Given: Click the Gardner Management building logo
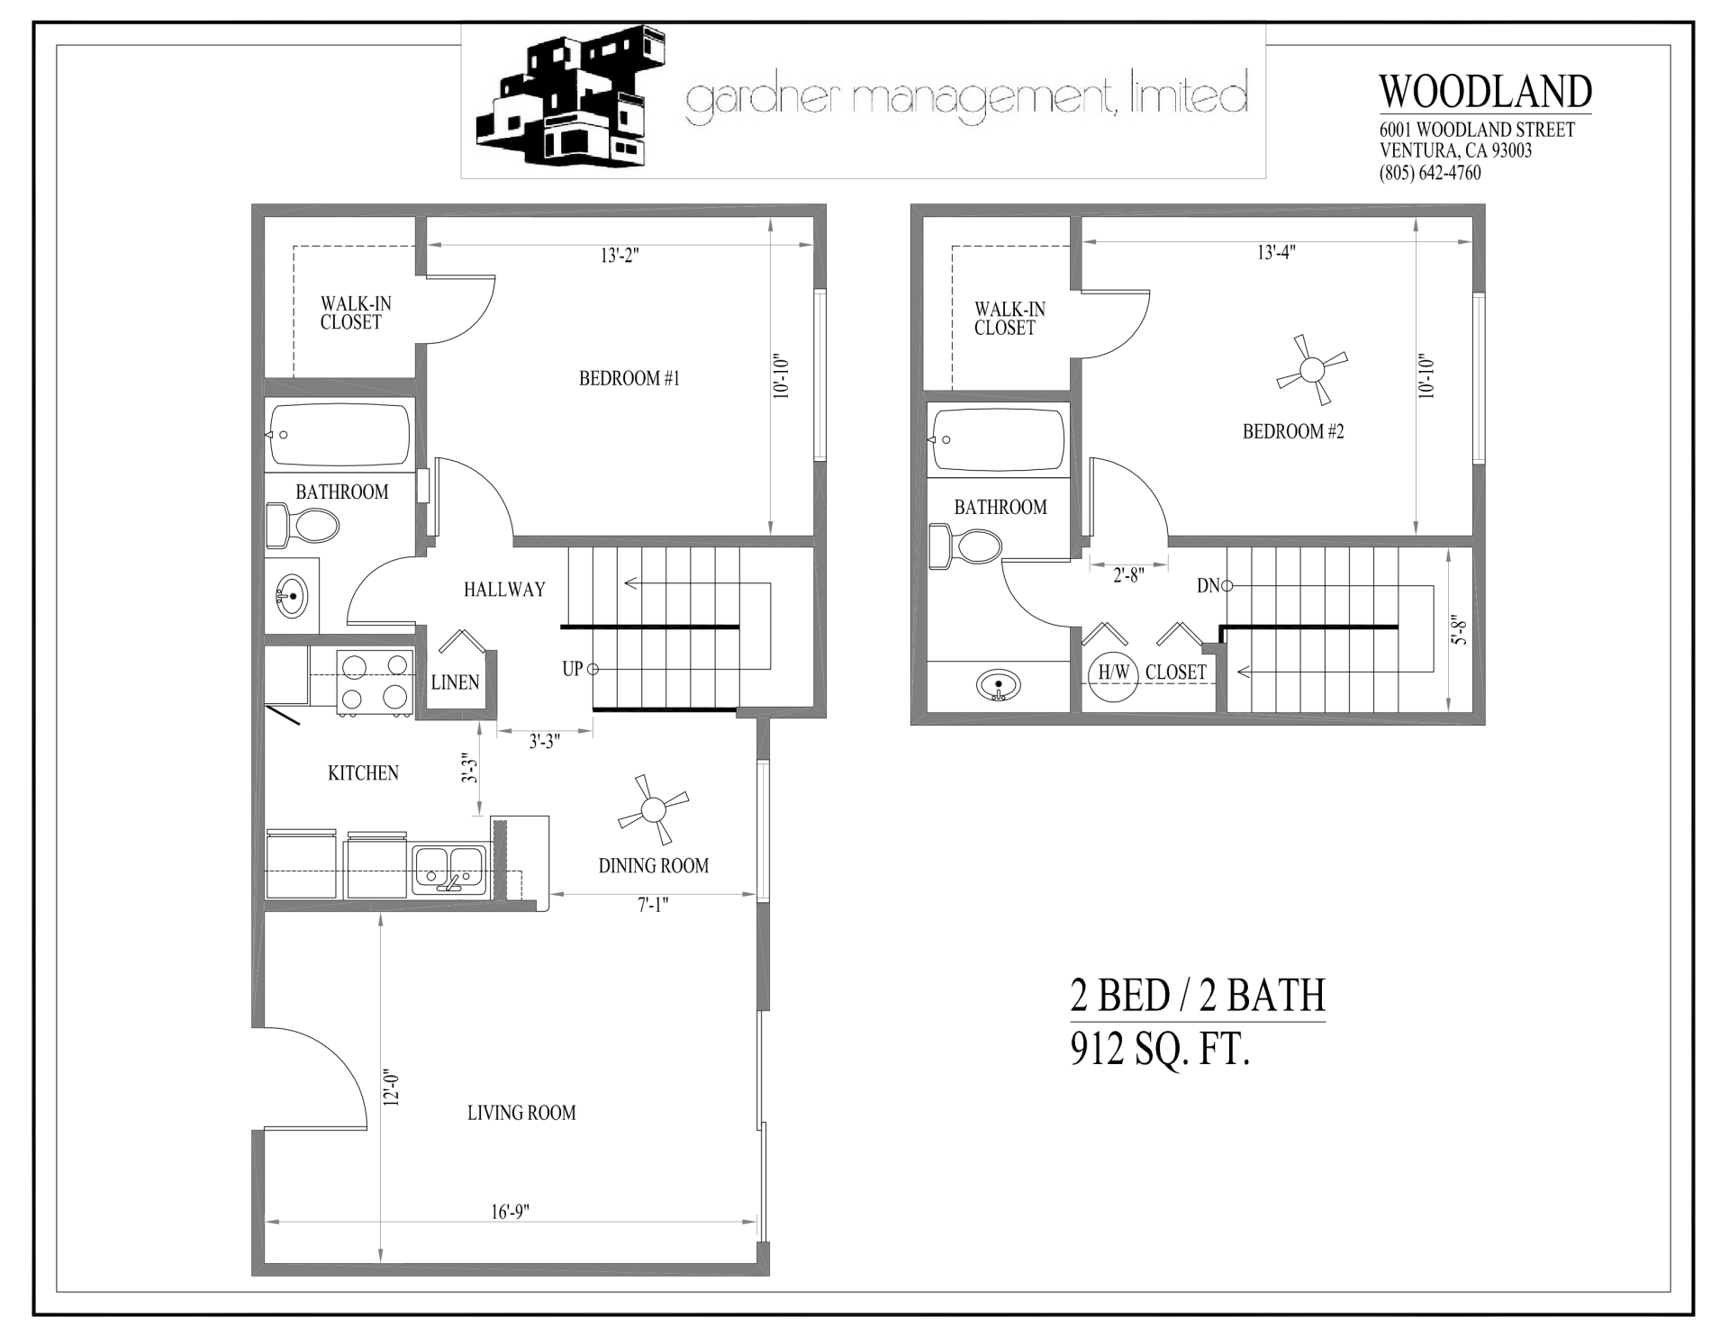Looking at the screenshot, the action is tap(572, 98).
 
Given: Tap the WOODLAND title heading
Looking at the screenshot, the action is tap(1485, 91).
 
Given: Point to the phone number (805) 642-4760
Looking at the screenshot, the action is tap(1430, 173).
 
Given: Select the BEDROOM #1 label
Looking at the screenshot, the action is tap(629, 378).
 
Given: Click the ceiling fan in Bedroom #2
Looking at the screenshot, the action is tap(1313, 370).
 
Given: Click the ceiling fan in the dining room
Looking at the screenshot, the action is tap(653, 809).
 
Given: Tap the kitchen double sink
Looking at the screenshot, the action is tap(449, 869).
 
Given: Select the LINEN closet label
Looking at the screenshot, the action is tap(455, 682).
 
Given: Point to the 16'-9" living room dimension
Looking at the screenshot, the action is tap(510, 1211).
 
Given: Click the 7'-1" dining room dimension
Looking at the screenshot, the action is tap(653, 906).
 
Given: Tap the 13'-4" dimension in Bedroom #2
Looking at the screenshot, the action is tap(1276, 252).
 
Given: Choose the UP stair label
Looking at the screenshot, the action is tap(573, 669).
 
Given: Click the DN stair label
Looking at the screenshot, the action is tap(1208, 586).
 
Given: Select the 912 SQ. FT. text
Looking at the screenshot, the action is tap(1160, 1049).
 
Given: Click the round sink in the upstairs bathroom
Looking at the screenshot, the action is tap(998, 686).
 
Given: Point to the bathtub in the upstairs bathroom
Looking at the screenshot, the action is tap(997, 439).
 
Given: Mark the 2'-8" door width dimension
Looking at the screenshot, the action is tap(1127, 575).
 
